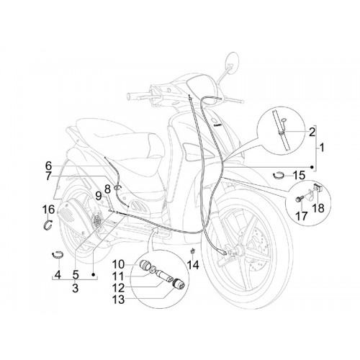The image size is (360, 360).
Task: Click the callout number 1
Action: point(322,148)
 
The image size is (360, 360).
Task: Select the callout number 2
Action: point(312,132)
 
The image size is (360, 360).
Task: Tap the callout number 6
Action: point(48,166)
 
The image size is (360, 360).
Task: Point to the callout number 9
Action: point(99,197)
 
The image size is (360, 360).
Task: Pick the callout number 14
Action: point(194,265)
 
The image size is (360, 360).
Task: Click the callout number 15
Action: point(299,176)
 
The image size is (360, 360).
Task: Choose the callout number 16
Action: point(49,210)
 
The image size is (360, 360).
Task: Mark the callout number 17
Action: point(302,216)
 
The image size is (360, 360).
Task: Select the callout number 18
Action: point(319,208)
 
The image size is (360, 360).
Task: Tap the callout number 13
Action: point(120,300)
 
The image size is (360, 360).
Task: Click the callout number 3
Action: point(76,288)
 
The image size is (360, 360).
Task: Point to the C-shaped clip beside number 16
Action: point(49,225)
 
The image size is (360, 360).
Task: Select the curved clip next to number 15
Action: point(279,176)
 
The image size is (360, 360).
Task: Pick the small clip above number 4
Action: point(58,254)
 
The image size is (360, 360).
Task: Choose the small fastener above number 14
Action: point(192,251)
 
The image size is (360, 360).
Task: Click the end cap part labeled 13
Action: point(179,284)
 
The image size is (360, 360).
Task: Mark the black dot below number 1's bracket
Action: point(312,167)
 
